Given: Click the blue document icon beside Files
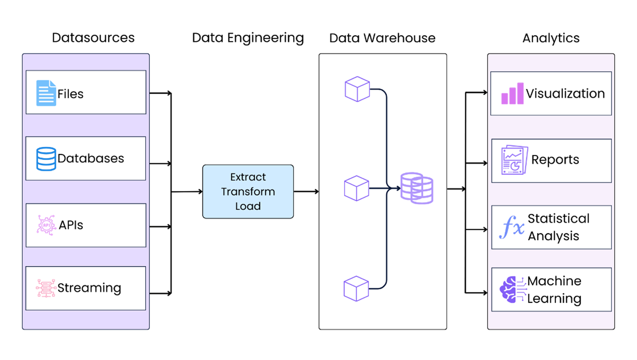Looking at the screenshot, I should coord(46,93).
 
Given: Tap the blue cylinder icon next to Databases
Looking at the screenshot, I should coord(46,159).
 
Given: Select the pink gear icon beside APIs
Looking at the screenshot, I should coord(46,225).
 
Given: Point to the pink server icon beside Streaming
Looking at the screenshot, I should coord(46,288).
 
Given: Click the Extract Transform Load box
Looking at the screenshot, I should coord(248,191).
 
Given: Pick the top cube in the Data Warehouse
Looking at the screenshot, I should coord(357,89).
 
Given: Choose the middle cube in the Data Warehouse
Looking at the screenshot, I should coord(357,188).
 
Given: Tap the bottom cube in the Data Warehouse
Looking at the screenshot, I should coord(356,289).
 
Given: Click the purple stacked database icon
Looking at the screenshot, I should coord(417,188).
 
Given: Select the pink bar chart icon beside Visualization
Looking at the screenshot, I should coord(512,94).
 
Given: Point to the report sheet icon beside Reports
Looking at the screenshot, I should coord(515,160).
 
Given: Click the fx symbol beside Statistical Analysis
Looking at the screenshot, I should coord(512,227).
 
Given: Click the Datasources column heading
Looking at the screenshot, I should coord(93,38).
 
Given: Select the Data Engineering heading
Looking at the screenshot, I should coord(248,38).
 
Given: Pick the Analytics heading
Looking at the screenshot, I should coord(551,38).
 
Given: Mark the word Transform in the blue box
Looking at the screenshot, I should coord(248,191).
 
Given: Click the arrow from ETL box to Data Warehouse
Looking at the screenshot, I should coord(306,191).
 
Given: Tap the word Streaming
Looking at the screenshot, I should coord(89,288).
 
